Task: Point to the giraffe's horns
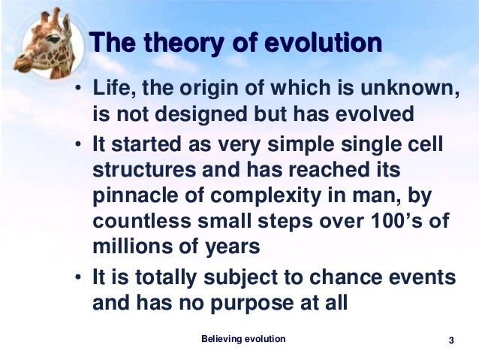[51, 16]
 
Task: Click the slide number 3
[451, 340]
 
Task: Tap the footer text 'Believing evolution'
[243, 339]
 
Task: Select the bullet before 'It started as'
[79, 144]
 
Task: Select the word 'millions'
[133, 247]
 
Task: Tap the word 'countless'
[142, 221]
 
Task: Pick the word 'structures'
[144, 170]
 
